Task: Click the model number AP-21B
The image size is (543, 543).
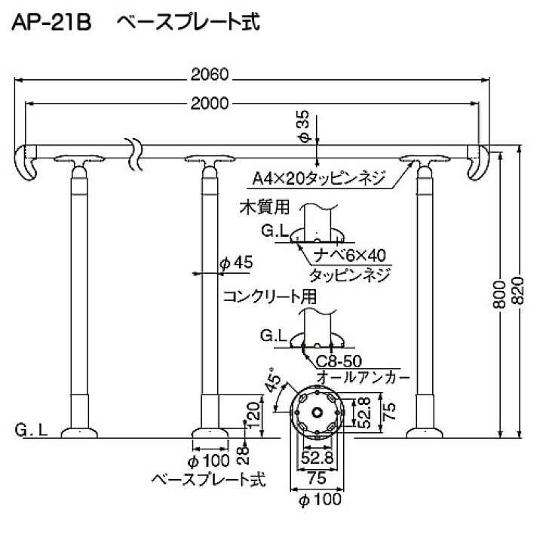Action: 49,23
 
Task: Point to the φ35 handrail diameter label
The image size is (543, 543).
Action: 303,124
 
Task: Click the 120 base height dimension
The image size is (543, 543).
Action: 253,412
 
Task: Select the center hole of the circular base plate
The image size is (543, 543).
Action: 320,411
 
